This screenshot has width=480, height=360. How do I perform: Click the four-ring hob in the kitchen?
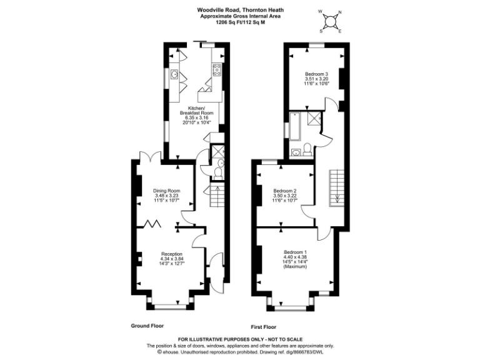tap(217, 69)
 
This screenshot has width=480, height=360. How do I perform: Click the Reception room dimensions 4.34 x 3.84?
tap(172, 259)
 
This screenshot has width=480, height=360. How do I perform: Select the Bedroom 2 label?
tap(284, 191)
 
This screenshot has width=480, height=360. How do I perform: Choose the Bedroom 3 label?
tap(316, 74)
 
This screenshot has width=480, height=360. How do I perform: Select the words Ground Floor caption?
tap(147, 326)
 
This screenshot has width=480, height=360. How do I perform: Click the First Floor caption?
tap(264, 326)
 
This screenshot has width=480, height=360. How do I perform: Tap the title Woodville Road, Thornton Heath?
tap(239, 10)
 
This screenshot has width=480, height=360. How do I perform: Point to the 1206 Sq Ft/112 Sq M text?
tap(239, 22)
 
